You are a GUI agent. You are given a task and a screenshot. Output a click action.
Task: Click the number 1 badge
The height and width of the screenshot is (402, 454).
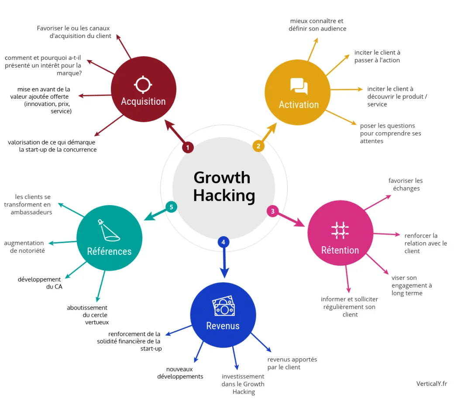click(x=188, y=148)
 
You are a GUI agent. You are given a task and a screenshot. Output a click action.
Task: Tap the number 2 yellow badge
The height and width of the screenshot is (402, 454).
click(x=258, y=146)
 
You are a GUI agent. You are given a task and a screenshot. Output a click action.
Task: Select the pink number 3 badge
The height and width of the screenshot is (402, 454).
click(x=272, y=211)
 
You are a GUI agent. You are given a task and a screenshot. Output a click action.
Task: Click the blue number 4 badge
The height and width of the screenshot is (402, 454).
click(x=223, y=241)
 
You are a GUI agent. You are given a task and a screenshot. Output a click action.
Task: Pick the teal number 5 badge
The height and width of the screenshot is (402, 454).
click(x=171, y=207)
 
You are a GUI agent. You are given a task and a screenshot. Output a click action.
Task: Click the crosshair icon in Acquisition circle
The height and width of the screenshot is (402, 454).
click(x=143, y=84)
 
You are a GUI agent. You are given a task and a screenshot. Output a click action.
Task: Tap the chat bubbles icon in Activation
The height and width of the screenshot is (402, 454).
click(x=299, y=86)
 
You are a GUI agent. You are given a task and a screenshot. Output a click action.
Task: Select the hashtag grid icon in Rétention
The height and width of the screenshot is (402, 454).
click(x=340, y=230)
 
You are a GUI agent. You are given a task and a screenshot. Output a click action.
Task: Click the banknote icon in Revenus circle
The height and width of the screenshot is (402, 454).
click(x=223, y=307)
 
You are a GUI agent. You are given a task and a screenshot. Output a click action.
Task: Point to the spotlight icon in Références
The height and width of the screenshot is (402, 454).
click(x=109, y=230)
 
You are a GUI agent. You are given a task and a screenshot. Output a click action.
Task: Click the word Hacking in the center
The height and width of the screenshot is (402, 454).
click(x=224, y=195)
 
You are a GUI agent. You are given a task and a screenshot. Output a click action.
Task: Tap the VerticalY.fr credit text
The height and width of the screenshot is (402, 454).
click(x=431, y=383)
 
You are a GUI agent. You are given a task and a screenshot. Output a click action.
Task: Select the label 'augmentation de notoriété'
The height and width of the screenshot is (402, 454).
click(x=24, y=247)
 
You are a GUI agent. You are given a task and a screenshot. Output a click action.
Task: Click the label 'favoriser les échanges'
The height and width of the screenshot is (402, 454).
click(x=405, y=184)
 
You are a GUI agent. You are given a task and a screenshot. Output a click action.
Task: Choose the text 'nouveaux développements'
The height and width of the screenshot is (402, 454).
click(x=180, y=373)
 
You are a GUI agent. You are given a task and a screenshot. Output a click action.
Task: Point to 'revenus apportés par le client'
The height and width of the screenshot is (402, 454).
click(x=292, y=363)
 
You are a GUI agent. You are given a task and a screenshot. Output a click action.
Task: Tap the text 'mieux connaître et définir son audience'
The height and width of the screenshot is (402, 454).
click(x=317, y=24)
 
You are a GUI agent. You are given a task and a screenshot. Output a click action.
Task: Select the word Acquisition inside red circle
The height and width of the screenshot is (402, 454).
click(x=143, y=101)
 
